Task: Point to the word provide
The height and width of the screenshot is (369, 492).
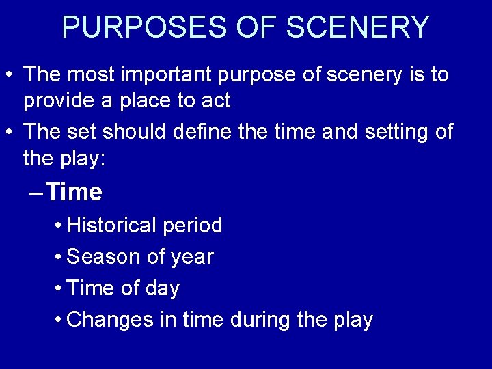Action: point(60,101)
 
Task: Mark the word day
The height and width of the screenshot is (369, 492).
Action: point(162,288)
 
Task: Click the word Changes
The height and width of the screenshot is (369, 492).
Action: point(111,320)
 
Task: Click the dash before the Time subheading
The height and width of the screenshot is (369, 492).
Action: point(38,193)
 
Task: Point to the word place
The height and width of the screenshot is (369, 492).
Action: point(140,101)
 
